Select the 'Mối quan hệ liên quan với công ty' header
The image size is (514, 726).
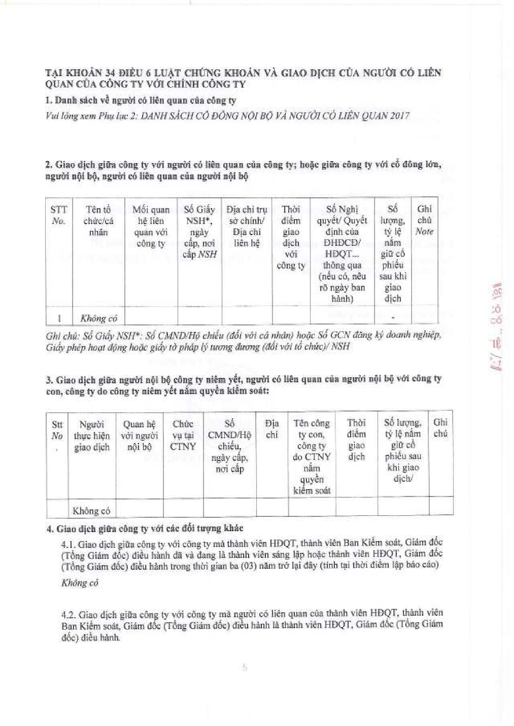point(150,227)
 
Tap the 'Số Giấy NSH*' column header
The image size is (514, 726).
point(199,232)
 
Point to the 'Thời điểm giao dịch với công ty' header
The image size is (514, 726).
point(290,237)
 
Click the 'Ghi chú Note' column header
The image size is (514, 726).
point(424,220)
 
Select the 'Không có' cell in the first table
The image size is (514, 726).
point(99,318)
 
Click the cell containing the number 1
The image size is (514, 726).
point(59,318)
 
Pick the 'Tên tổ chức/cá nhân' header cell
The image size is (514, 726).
point(99,221)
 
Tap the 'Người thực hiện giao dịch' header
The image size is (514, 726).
point(92,436)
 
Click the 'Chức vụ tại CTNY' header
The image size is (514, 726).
point(183,435)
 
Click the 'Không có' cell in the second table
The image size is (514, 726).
point(91,511)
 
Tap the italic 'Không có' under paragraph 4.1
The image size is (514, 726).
point(80,583)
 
